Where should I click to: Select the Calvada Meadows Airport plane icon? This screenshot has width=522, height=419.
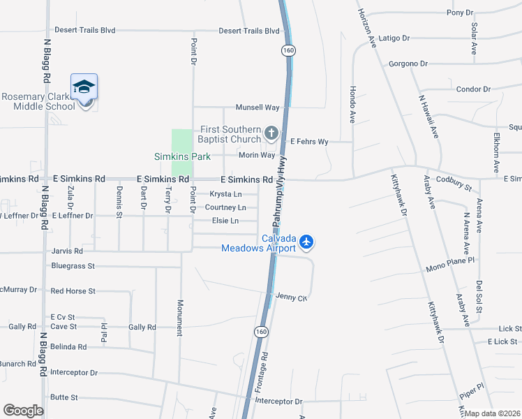[306, 242]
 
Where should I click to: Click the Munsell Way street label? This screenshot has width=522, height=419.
[258, 108]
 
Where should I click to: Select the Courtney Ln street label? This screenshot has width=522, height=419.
[225, 207]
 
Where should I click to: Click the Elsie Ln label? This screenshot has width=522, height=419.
[225, 221]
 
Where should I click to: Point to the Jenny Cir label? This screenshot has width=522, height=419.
[291, 297]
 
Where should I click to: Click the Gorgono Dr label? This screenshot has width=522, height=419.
[408, 64]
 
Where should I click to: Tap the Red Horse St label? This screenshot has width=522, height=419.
[73, 291]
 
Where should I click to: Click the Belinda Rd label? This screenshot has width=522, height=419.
[68, 346]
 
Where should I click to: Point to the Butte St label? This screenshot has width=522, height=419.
[64, 397]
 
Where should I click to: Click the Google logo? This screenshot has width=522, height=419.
[23, 411]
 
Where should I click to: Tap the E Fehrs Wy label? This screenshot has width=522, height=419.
[309, 141]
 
